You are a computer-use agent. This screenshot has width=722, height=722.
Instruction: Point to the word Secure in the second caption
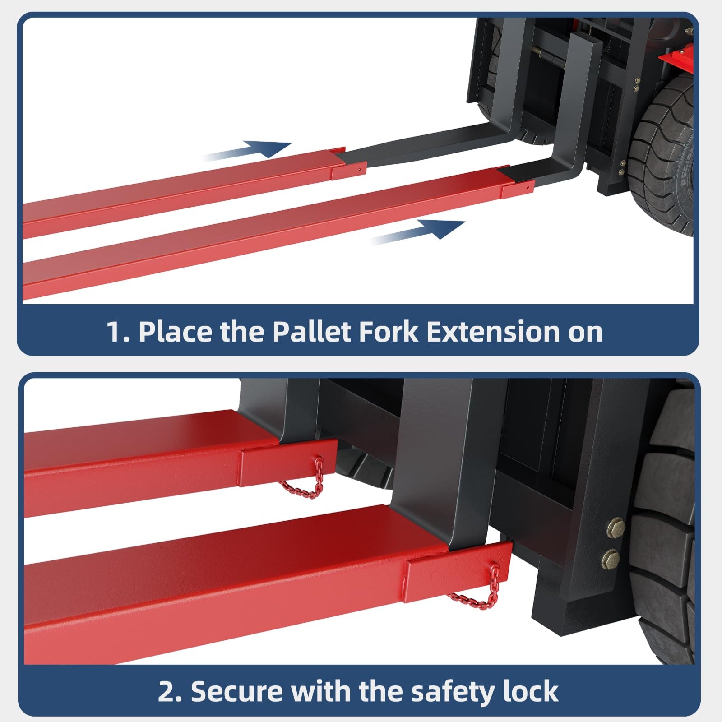point(236,692)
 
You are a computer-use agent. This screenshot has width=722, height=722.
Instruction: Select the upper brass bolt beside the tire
point(616,527)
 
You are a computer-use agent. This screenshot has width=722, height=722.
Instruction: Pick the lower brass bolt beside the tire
point(611,559)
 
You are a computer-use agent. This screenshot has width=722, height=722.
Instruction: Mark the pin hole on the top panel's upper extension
point(359,169)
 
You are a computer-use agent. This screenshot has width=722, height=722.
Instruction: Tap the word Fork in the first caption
point(389,332)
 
